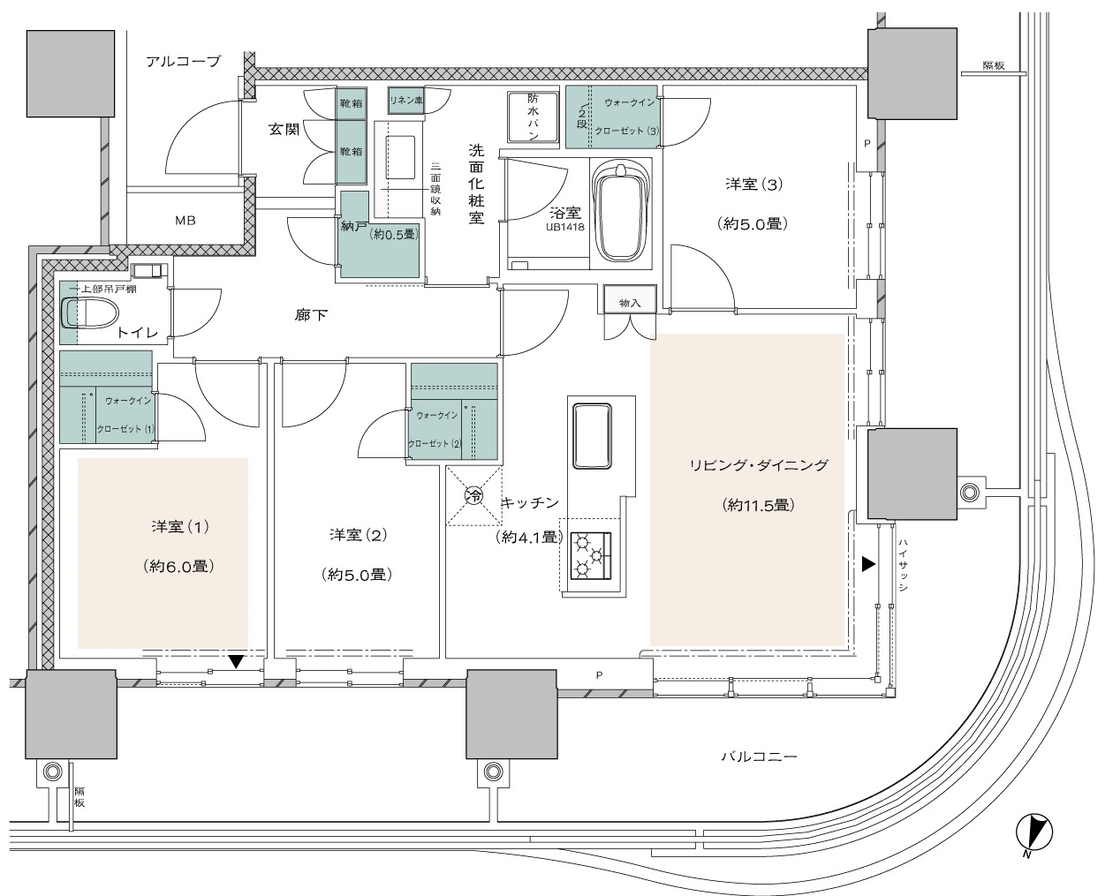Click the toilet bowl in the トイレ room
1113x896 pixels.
89,312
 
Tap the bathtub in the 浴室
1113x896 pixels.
621,213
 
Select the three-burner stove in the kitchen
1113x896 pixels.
590,556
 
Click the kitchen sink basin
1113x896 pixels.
592,436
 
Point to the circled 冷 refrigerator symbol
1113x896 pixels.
473,496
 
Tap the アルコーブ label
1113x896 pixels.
183,62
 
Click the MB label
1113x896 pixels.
185,221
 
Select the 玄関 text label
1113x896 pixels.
284,129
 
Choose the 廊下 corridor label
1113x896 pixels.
311,314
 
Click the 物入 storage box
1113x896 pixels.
630,299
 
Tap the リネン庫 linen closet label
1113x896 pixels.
406,101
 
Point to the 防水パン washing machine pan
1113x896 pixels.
534,117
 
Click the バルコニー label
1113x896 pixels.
759,757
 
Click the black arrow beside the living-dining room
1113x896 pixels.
868,564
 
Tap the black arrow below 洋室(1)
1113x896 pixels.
237,662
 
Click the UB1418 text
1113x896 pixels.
564,227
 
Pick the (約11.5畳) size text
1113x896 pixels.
758,505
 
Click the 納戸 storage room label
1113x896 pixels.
353,226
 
